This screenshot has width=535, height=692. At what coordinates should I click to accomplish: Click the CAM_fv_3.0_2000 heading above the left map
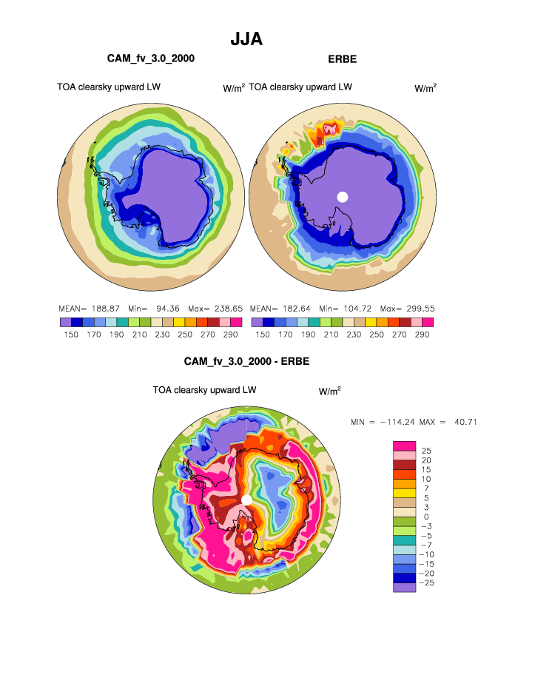(x=151, y=58)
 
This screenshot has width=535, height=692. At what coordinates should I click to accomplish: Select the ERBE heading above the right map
(x=342, y=58)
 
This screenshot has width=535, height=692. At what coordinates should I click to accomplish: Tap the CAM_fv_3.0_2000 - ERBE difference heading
(x=246, y=362)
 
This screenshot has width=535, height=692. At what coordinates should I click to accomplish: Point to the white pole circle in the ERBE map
(x=342, y=196)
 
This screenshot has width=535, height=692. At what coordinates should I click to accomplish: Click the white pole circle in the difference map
(x=247, y=500)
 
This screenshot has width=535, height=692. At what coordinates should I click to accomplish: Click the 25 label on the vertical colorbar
(x=425, y=451)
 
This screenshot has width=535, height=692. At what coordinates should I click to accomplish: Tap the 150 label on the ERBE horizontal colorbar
(x=263, y=335)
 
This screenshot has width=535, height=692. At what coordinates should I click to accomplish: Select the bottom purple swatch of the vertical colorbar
(x=404, y=588)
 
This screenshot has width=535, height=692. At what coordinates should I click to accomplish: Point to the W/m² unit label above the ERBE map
(x=425, y=88)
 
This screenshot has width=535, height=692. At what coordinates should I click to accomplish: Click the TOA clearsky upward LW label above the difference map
(x=204, y=389)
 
